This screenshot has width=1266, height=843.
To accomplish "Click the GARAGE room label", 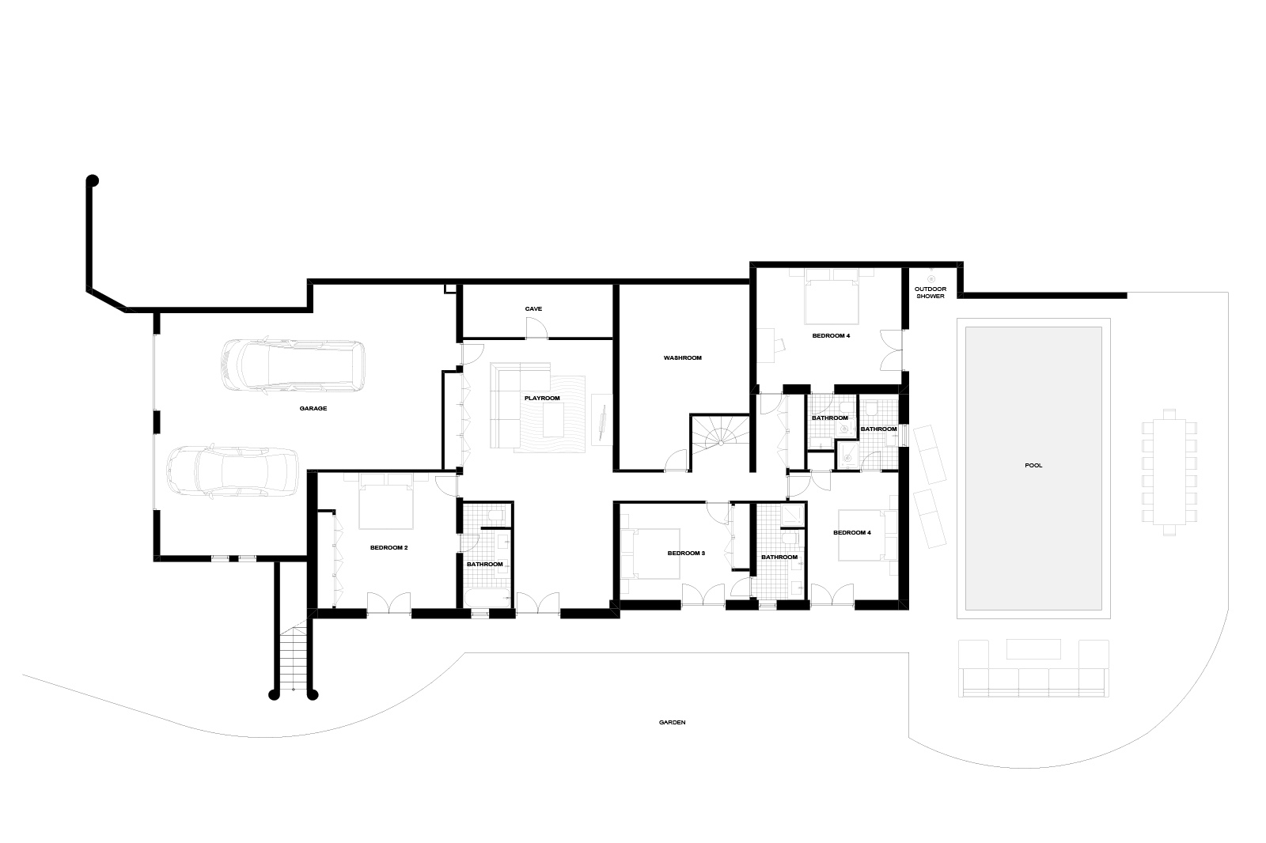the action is click(x=313, y=409).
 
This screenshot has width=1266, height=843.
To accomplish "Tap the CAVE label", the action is click(x=533, y=309).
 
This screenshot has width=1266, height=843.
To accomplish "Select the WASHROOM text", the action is click(x=683, y=357).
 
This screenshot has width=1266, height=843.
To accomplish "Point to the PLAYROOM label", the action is click(x=542, y=399).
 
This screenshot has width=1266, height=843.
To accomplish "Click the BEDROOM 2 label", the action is click(x=389, y=547).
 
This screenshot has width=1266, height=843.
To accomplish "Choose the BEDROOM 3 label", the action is click(x=686, y=553).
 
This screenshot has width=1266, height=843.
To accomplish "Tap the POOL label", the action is click(x=1033, y=466).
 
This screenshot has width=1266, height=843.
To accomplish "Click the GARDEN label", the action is click(x=672, y=722).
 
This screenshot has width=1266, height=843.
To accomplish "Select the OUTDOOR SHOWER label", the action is click(x=931, y=293).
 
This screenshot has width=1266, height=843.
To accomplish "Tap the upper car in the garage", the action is click(x=293, y=365).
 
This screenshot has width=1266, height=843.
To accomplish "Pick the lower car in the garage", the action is click(x=233, y=472).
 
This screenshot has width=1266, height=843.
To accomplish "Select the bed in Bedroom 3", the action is click(x=650, y=554).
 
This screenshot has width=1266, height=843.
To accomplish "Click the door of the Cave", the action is click(x=537, y=329).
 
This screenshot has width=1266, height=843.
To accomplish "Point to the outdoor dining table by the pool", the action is click(x=1169, y=472).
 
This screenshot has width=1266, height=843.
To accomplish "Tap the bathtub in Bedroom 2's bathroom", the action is click(x=487, y=598).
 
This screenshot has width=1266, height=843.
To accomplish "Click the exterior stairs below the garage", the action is click(x=294, y=656).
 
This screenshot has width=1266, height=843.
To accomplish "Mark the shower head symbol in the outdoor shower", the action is click(x=931, y=278).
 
